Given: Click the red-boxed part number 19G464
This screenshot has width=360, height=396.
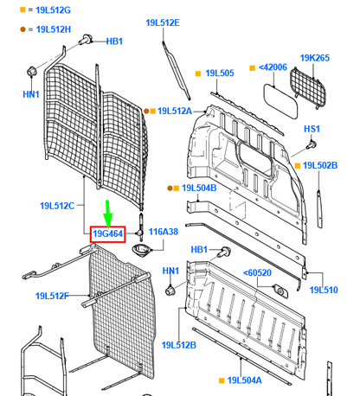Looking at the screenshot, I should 108,233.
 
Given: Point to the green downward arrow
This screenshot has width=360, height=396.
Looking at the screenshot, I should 108,211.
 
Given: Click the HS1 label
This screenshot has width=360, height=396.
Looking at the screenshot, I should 312,128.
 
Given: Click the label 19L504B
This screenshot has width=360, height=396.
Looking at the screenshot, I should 198,187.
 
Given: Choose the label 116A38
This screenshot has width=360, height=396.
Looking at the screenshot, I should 163,232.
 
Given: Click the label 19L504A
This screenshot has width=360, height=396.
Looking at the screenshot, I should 247,380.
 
